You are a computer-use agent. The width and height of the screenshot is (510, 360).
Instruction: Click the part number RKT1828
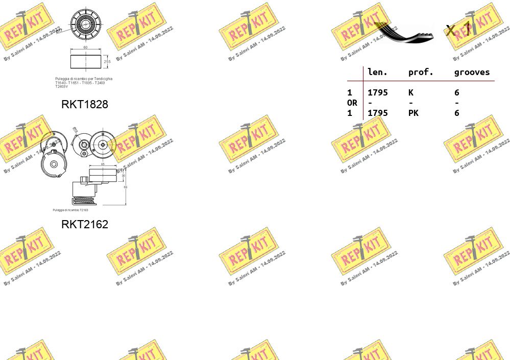point(85,104)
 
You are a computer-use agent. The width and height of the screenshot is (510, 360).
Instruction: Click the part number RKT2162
point(85,224)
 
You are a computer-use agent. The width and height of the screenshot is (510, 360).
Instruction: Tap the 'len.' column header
point(378,73)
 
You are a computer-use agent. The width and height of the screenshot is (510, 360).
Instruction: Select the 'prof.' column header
point(421,73)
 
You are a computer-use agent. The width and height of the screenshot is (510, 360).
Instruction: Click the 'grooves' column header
point(472,73)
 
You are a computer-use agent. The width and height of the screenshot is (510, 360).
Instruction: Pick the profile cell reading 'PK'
point(413,113)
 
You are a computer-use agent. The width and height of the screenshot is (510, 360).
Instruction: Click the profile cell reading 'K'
point(411,92)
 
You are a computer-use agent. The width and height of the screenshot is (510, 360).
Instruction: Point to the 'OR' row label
point(352,103)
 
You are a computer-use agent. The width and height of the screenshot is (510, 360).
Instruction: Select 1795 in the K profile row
point(378,92)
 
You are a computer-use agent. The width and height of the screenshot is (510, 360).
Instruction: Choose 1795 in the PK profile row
point(378,113)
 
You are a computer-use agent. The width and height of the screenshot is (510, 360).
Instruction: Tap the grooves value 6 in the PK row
point(457,113)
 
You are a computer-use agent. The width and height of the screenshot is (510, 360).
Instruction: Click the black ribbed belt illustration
point(406,33)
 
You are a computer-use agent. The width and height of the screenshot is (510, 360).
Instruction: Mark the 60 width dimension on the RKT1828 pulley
point(85,47)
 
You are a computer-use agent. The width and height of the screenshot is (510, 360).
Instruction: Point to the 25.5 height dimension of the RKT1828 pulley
point(107,61)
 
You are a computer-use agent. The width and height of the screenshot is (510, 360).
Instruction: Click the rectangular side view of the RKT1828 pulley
point(85,61)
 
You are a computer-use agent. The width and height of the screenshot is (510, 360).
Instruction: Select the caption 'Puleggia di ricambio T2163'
point(70,210)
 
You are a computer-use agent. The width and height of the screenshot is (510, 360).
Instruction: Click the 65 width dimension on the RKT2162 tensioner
point(103,164)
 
